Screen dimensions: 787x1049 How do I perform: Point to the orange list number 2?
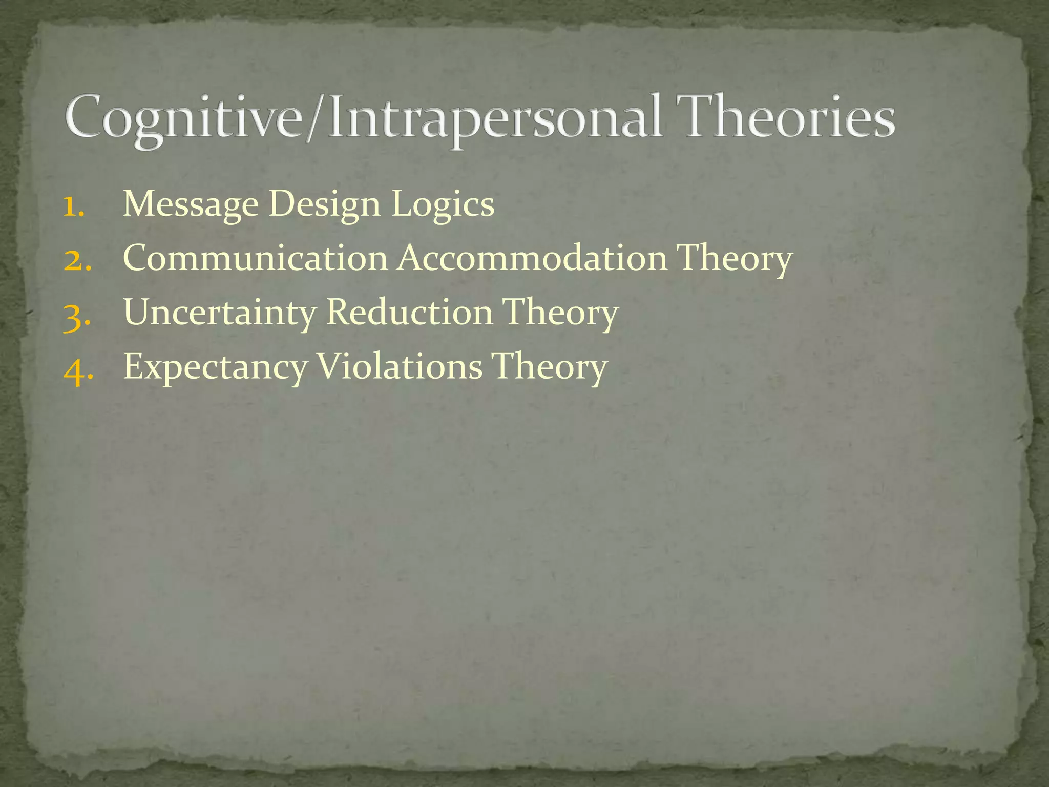(x=77, y=260)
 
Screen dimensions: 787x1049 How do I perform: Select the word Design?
(x=324, y=204)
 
